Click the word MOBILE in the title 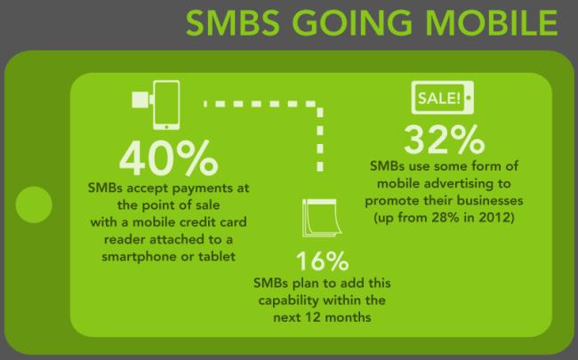click(x=492, y=22)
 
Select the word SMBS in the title click(x=233, y=22)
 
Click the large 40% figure click(x=168, y=157)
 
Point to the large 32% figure click(x=445, y=140)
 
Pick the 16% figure click(x=322, y=260)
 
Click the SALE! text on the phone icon click(x=439, y=98)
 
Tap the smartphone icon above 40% click(x=166, y=105)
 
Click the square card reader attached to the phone click(x=140, y=100)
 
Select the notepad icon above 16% click(x=321, y=218)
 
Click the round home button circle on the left click(x=34, y=204)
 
